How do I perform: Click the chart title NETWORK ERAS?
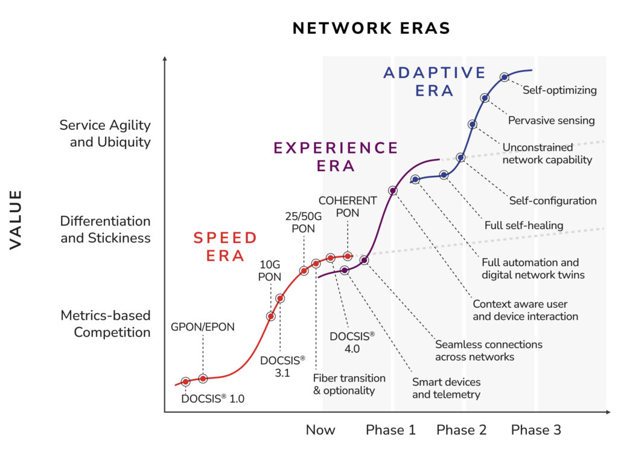pyautogui.click(x=371, y=28)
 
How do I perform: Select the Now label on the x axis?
pyautogui.click(x=320, y=430)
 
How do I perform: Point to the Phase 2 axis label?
pyautogui.click(x=461, y=430)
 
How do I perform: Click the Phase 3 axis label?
pyautogui.click(x=536, y=430)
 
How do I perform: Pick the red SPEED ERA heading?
pyautogui.click(x=225, y=246)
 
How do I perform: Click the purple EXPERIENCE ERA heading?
pyautogui.click(x=336, y=157)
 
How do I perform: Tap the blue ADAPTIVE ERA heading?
pyautogui.click(x=435, y=82)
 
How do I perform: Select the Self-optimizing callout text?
pyautogui.click(x=559, y=90)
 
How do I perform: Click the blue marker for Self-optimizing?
pyautogui.click(x=505, y=77)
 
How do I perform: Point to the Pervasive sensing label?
pyautogui.click(x=551, y=120)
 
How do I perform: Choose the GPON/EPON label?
pyautogui.click(x=202, y=326)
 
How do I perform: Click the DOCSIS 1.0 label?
pyautogui.click(x=213, y=398)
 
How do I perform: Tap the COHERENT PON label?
pyautogui.click(x=348, y=206)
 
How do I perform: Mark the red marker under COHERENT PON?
pyautogui.click(x=348, y=256)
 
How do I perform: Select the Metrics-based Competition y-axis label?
pyautogui.click(x=106, y=323)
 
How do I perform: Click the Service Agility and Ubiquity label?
pyautogui.click(x=106, y=133)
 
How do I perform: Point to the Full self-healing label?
pyautogui.click(x=523, y=225)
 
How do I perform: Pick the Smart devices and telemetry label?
pyautogui.click(x=446, y=388)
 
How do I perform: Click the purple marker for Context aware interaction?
pyautogui.click(x=393, y=191)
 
